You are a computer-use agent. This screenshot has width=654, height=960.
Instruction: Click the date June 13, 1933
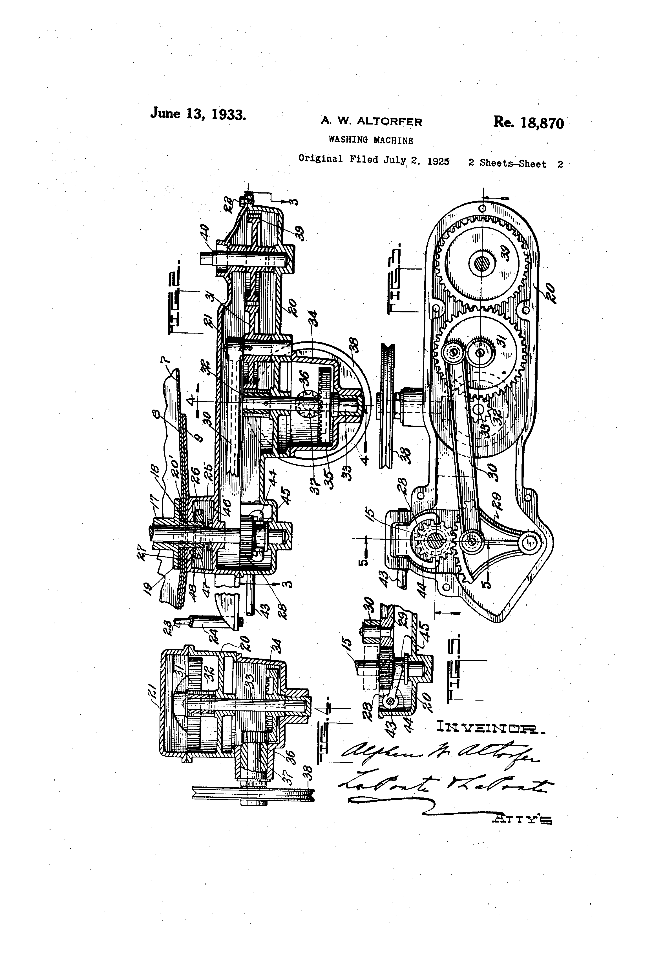pyautogui.click(x=198, y=114)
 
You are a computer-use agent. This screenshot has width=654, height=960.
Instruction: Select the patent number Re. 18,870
pyautogui.click(x=528, y=123)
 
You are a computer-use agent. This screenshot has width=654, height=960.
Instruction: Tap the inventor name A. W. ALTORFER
pyautogui.click(x=372, y=121)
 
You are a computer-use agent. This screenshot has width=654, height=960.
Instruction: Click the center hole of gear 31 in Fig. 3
pyautogui.click(x=480, y=352)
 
